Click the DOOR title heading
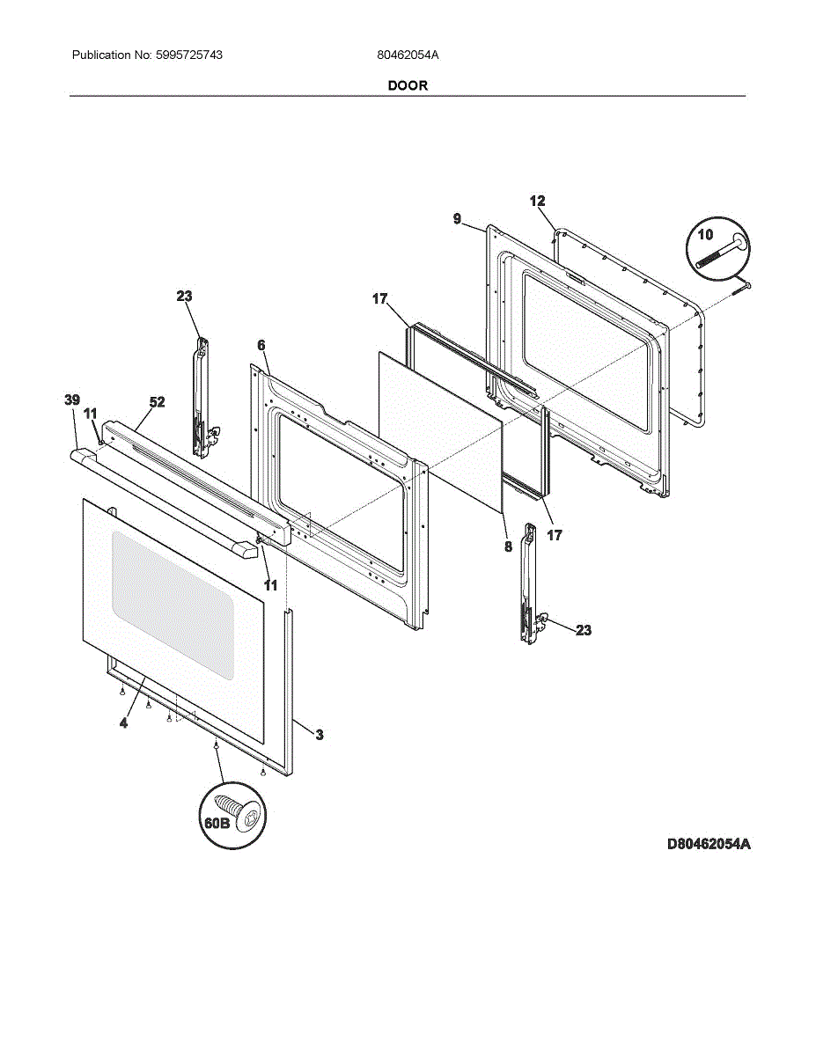(408, 85)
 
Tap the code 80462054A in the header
(408, 55)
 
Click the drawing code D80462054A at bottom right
(708, 844)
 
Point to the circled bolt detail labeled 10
(715, 246)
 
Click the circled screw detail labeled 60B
(232, 818)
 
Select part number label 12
(537, 202)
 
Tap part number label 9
(457, 218)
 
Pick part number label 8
(508, 546)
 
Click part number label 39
(72, 400)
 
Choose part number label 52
(157, 402)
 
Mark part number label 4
(123, 722)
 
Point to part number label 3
(319, 735)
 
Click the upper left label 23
(184, 297)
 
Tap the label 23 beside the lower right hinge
(584, 630)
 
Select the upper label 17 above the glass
(379, 299)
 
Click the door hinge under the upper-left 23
(202, 396)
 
